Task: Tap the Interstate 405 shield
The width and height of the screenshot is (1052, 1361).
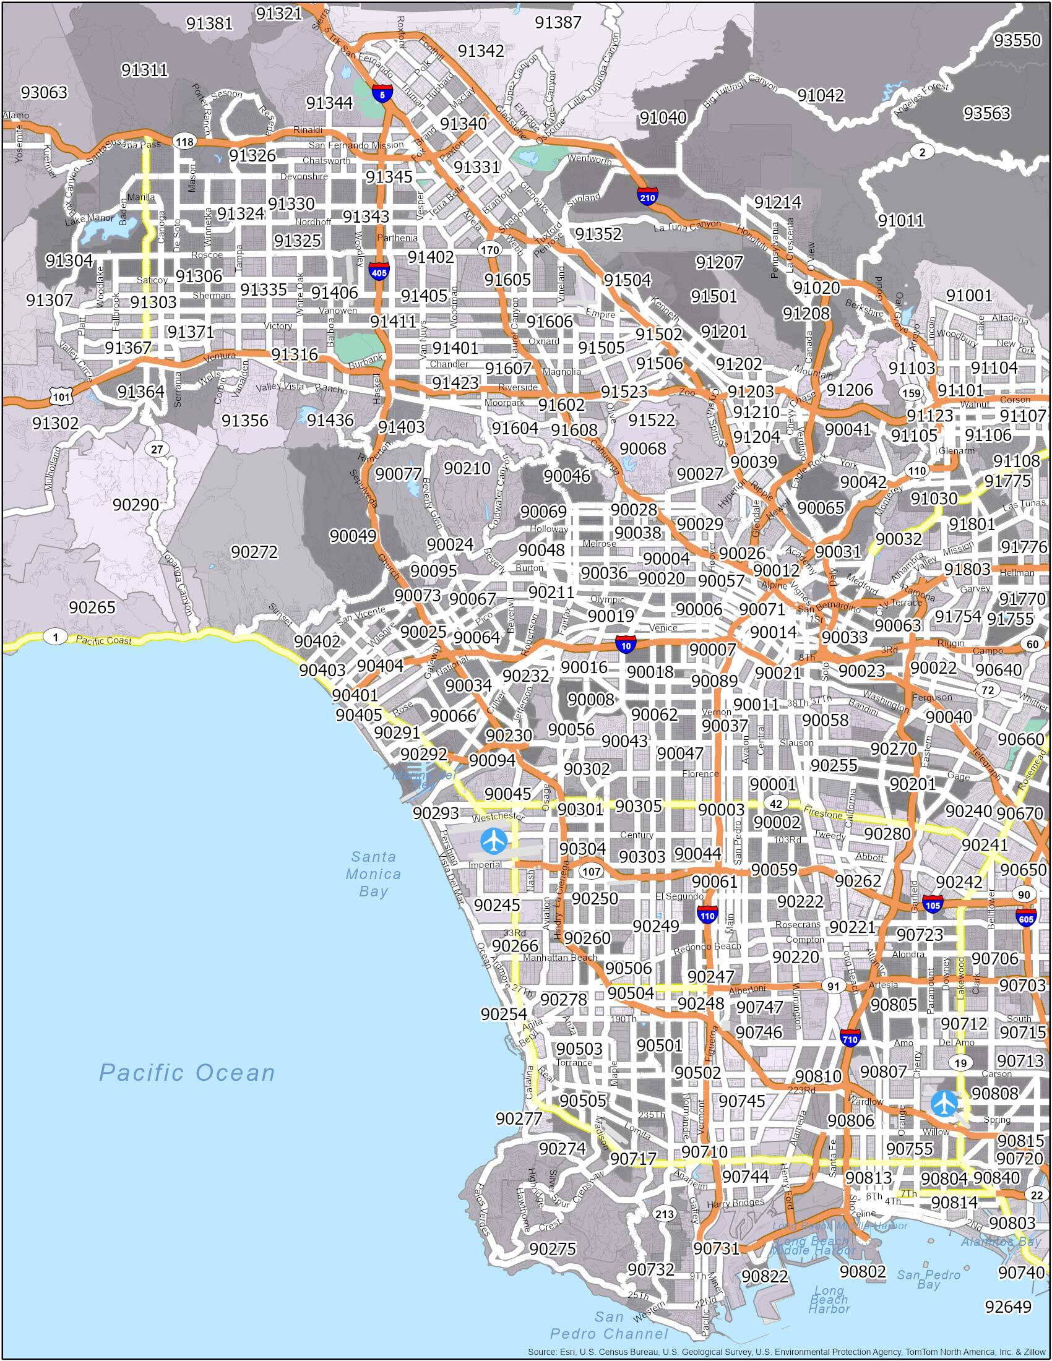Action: tap(378, 271)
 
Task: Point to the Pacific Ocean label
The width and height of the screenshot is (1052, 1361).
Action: tap(187, 1073)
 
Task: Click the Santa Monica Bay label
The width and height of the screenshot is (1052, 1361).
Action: tap(373, 874)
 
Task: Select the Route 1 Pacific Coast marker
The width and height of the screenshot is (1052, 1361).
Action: tap(57, 637)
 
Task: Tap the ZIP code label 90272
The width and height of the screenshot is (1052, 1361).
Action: tap(254, 552)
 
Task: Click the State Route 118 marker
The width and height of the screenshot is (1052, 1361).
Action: tap(184, 142)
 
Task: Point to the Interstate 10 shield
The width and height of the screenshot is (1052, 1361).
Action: tap(626, 645)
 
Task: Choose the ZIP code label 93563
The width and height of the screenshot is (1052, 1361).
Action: tap(986, 113)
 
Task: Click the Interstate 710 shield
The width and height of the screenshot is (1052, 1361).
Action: tap(850, 1037)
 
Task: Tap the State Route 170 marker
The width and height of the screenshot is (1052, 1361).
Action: tap(490, 250)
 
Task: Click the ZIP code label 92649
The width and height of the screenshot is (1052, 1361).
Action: tap(1009, 1306)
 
